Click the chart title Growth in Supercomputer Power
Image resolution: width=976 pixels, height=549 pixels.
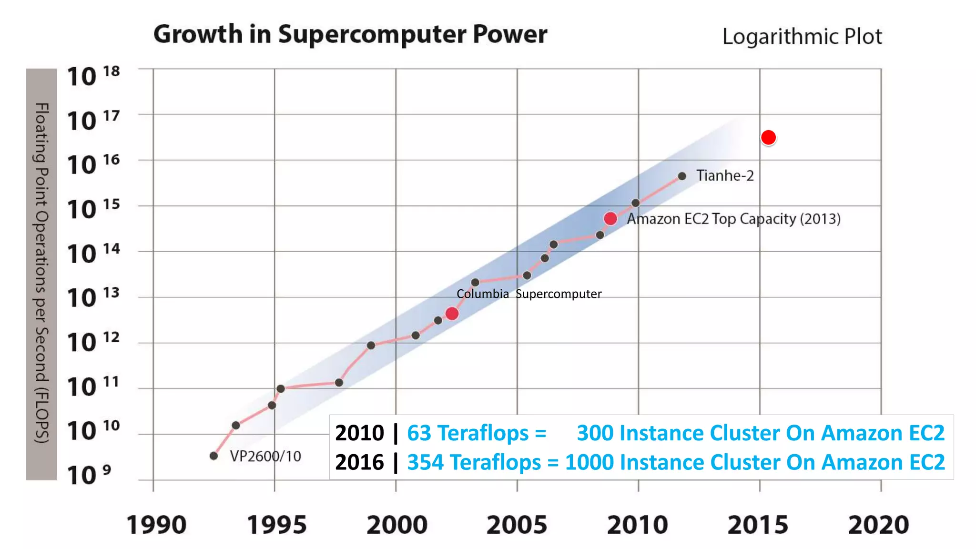coord(350,34)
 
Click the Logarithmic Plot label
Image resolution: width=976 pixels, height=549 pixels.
coord(802,37)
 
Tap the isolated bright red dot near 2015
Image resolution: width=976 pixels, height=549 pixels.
coord(768,138)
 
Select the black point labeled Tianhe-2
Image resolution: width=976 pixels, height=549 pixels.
coord(682,176)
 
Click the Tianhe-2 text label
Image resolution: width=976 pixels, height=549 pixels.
coord(725,176)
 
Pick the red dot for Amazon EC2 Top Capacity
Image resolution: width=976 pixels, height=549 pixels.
coord(610,219)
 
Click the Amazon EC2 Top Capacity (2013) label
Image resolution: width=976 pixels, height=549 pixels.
coord(733,219)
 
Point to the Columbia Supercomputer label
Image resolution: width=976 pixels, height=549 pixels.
coord(529,294)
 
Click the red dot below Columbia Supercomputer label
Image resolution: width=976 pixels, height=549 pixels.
coord(452,314)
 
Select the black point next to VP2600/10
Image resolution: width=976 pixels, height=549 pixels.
coord(214,456)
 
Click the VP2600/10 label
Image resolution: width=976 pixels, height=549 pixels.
coord(265,456)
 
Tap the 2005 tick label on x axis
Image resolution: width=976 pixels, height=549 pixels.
coord(517,525)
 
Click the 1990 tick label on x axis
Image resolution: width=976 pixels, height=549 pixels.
coord(156,525)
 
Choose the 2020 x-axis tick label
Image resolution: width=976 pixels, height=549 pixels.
coord(878,525)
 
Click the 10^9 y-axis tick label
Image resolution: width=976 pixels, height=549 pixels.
coord(89,475)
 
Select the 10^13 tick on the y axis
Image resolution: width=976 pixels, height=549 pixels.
coord(92,298)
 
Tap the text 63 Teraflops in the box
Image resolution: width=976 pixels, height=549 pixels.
coord(468,433)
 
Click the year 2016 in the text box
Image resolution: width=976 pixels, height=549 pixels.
coord(359,462)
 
